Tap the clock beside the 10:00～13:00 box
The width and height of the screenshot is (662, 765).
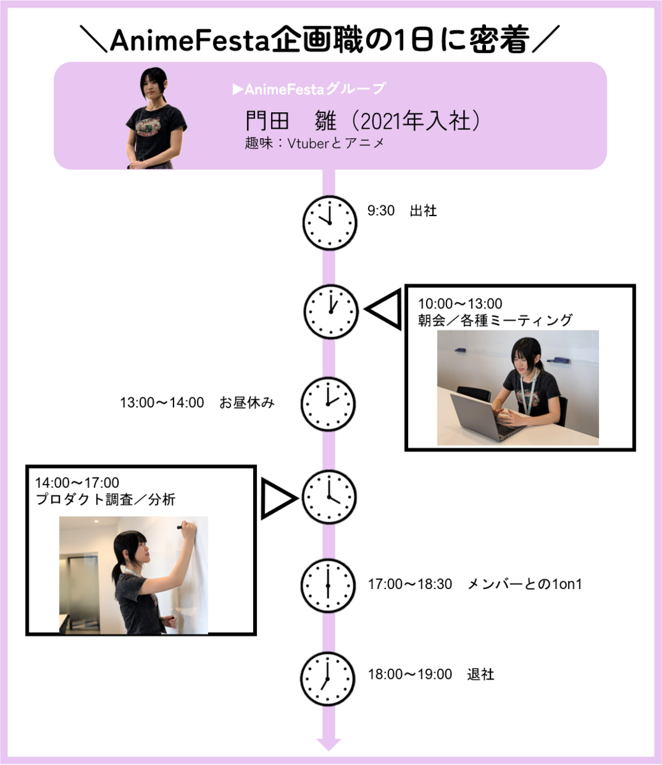point(330,311)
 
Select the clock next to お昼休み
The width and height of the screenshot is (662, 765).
point(328,404)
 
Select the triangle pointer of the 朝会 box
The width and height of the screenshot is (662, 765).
point(383,310)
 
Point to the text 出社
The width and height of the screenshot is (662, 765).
point(423,211)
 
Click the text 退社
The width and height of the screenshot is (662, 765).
point(480,674)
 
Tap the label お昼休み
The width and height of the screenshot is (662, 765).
point(247,403)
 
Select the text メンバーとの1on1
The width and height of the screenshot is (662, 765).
point(525,584)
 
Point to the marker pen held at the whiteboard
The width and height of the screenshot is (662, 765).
point(186,527)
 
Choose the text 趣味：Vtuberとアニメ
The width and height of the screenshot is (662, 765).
point(315,143)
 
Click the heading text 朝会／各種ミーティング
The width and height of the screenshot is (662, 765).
point(496,320)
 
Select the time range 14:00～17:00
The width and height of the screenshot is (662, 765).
point(77,483)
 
